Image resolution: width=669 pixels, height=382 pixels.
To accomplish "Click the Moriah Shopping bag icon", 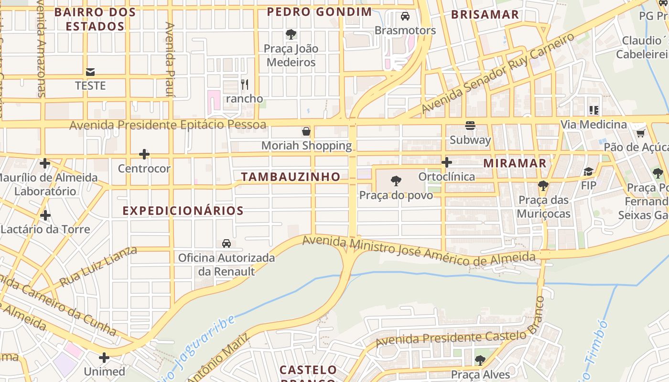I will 306,131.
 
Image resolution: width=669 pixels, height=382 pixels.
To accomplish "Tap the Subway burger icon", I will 470,126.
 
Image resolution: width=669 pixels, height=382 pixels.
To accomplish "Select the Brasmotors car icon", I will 405,16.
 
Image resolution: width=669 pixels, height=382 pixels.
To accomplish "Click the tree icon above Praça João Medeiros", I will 291,34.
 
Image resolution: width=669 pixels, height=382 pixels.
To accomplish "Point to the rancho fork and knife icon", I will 245,85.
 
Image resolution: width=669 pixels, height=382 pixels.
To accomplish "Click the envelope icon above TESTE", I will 90,72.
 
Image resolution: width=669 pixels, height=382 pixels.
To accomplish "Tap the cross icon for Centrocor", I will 144,154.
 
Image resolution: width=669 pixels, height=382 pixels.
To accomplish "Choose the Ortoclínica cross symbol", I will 447,162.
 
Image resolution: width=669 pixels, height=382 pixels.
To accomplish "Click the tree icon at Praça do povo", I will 396,181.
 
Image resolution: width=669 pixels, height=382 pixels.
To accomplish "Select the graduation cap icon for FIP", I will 589,171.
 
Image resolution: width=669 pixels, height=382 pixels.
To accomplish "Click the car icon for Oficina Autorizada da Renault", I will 227,244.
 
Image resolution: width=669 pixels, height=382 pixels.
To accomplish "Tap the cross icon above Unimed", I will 104,358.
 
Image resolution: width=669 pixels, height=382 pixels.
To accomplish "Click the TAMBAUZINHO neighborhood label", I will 291,177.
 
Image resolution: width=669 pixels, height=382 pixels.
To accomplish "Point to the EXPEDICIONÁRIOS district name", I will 183,211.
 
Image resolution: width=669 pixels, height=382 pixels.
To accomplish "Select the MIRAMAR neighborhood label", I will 515,163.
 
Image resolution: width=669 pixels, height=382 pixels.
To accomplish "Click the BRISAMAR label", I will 485,14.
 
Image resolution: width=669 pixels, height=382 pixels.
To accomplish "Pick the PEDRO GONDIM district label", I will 319,12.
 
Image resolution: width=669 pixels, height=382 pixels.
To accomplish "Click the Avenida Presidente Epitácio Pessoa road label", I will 168,125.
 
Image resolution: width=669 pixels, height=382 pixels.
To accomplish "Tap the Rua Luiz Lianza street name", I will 98,267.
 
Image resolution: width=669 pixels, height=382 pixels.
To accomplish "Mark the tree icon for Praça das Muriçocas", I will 543,186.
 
